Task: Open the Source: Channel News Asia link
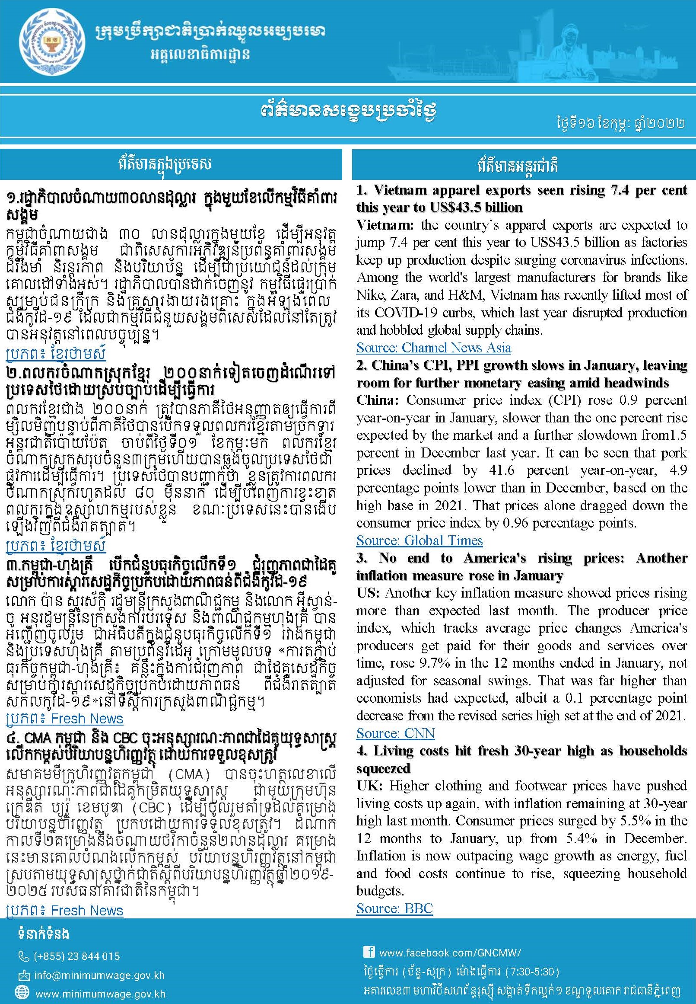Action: [x=433, y=347]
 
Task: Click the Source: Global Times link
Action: [x=419, y=540]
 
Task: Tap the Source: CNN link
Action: [x=395, y=733]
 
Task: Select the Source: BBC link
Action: [x=394, y=908]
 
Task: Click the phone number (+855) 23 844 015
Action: [x=76, y=957]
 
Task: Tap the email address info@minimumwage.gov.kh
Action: [x=99, y=975]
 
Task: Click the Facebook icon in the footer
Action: [x=369, y=952]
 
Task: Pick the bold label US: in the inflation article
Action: [x=368, y=593]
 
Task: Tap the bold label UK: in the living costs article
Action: [x=369, y=786]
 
